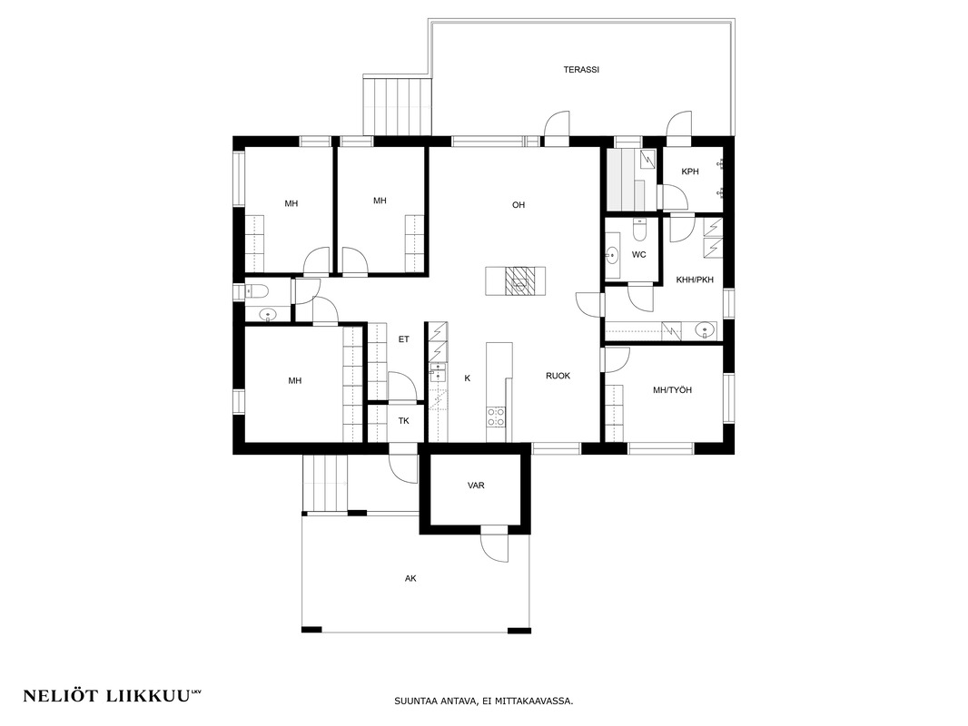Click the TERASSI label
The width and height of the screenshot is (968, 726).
581,70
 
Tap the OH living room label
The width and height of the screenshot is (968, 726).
519,205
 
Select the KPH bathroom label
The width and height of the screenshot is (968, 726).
690,172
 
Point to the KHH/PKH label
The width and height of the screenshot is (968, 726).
695,280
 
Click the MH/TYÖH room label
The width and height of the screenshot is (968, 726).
672,390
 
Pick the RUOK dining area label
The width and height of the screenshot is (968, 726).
558,376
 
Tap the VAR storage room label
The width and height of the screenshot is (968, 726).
476,486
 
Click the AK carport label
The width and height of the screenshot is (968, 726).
410,579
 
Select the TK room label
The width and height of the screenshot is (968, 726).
404,421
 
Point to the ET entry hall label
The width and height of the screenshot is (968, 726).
404,339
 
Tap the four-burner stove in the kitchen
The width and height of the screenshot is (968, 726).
497,417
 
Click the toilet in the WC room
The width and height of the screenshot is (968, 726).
639,231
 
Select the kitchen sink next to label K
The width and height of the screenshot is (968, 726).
438,373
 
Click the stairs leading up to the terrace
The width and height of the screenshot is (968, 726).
396,105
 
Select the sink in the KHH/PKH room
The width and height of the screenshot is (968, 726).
705,331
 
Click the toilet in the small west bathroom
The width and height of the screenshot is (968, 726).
257,291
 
